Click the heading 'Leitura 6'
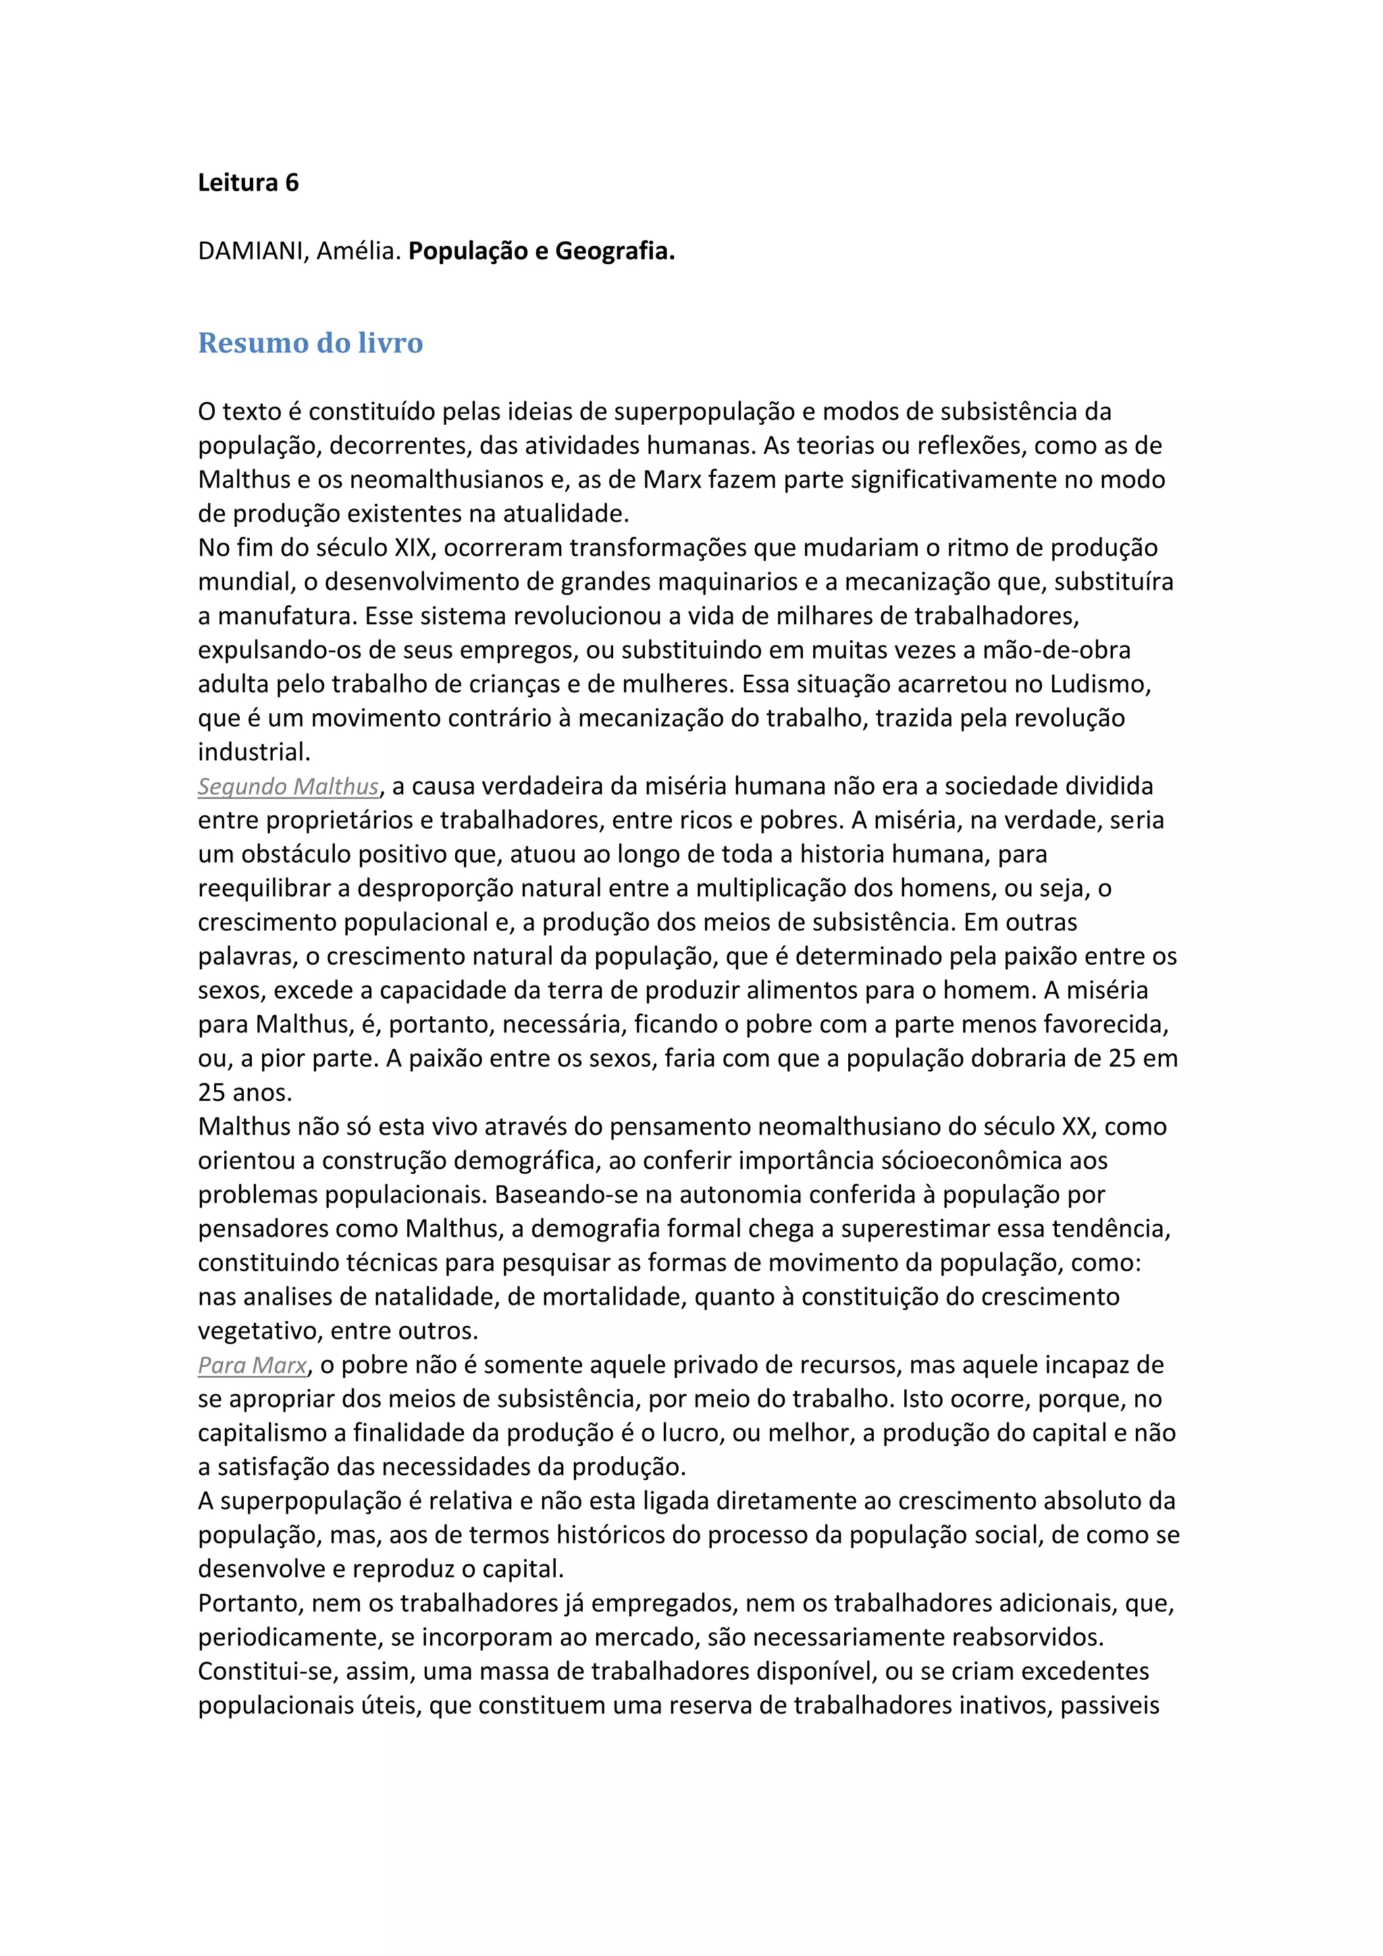[x=248, y=183]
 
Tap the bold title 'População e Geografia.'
[x=542, y=251]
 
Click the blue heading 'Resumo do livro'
[x=310, y=342]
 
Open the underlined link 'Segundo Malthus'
[x=288, y=786]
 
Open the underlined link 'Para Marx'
[x=252, y=1365]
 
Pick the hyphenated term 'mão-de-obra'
[x=1057, y=650]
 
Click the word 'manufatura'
[x=284, y=616]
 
